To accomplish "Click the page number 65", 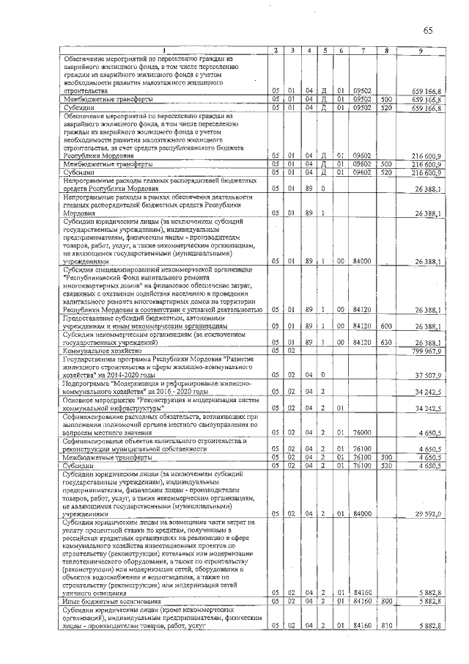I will (x=428, y=30).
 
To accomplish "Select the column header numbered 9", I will (x=420, y=50).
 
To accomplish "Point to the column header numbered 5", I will (x=324, y=50).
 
